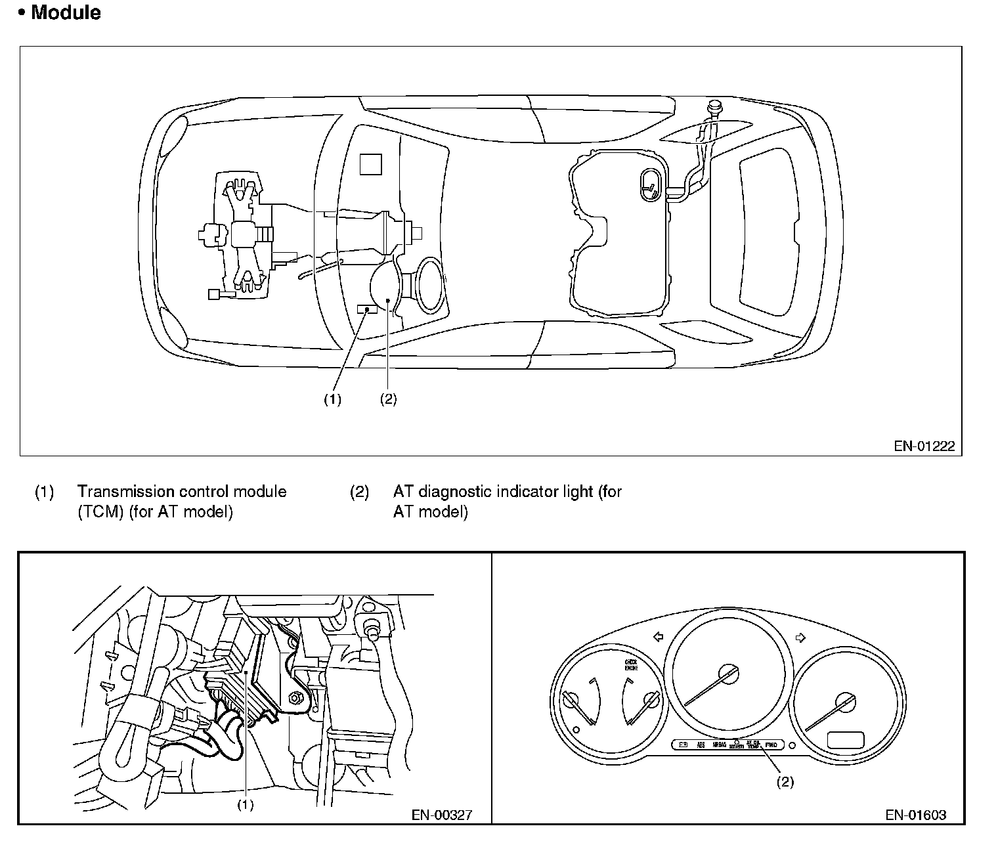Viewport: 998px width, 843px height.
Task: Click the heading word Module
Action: [66, 12]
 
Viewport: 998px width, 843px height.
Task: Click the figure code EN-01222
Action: [924, 446]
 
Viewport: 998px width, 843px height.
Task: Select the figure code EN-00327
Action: [441, 815]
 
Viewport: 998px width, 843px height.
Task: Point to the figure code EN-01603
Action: [915, 815]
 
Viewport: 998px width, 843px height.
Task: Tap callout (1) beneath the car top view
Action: [332, 399]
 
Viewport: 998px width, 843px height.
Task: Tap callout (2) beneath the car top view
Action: [388, 399]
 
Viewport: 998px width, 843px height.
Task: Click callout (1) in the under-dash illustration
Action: [245, 804]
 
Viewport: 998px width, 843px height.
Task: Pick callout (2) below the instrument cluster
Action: [785, 782]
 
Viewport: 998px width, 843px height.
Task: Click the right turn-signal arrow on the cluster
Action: [800, 636]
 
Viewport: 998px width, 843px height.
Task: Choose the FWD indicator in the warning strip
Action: [771, 745]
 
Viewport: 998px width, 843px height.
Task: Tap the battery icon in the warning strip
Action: [683, 745]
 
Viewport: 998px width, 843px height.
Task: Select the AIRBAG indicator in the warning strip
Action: [719, 745]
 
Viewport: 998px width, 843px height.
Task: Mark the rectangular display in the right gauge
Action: [846, 739]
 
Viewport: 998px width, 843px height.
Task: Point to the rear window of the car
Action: [770, 228]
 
